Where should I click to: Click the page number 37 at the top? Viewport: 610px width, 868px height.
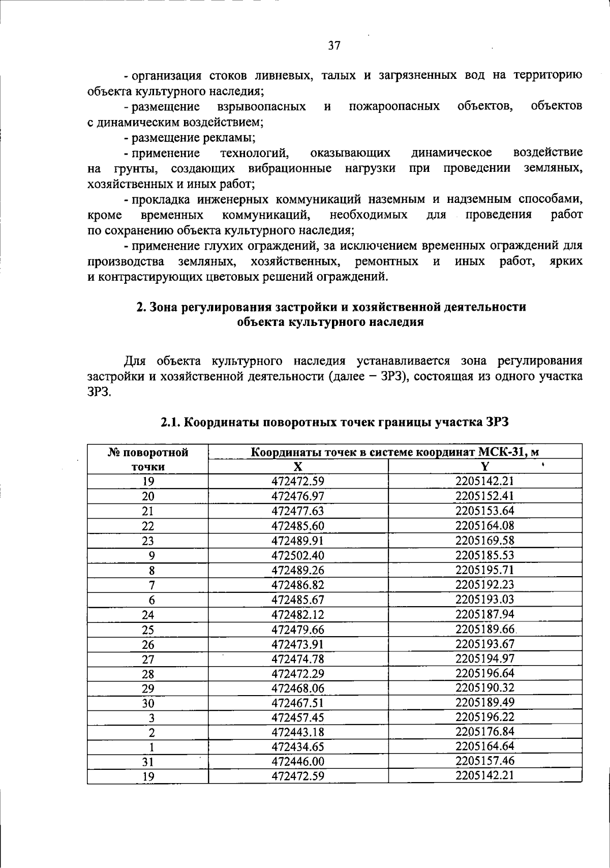coord(334,46)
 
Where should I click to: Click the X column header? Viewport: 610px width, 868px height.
coord(298,466)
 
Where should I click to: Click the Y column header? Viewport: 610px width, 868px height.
coord(485,466)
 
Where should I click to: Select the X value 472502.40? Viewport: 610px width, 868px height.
coord(298,555)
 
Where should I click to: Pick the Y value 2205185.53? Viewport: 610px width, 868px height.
coord(485,555)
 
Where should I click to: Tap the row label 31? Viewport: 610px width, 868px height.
coord(148,762)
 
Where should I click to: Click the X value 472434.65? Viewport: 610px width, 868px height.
coord(298,747)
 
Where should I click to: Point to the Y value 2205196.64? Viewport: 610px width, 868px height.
coord(485,673)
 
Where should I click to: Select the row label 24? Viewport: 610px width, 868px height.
coord(148,614)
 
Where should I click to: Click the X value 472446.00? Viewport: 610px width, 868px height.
coord(298,762)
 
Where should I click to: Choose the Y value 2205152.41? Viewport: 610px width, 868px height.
coord(485,496)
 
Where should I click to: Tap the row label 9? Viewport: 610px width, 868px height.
coord(151,555)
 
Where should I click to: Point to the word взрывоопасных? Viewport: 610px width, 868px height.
coord(261,106)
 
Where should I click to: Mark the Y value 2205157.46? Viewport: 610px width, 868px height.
coord(485,761)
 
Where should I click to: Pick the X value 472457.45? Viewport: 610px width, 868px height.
coord(298,717)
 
